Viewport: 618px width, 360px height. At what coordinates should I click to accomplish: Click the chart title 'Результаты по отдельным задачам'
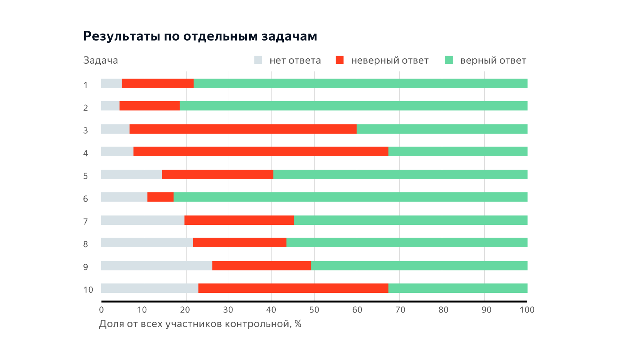click(x=200, y=36)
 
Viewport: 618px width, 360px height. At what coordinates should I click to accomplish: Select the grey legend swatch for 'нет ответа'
click(x=258, y=60)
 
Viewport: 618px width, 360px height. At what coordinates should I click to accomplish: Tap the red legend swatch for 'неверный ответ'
click(x=340, y=60)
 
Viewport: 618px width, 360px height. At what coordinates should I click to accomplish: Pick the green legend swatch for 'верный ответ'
click(x=448, y=60)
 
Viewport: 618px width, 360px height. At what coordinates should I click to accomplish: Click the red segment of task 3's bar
click(x=243, y=129)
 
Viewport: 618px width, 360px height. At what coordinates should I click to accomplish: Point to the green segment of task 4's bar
click(x=458, y=151)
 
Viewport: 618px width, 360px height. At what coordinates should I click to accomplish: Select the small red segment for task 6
click(x=160, y=197)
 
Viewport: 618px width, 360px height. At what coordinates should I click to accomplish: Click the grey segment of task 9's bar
click(x=156, y=266)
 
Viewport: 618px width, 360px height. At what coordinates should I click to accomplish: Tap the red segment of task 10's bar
click(x=293, y=288)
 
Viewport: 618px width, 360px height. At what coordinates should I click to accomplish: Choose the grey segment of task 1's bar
click(x=111, y=83)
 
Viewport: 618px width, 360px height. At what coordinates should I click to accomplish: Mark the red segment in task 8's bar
click(x=239, y=243)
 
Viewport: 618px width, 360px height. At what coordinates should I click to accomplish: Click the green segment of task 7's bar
click(x=411, y=220)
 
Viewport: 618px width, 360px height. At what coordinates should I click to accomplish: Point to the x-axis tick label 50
click(x=314, y=310)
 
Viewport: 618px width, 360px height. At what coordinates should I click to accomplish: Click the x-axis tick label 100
click(x=527, y=310)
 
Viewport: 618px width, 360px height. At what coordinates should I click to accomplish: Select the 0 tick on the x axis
click(x=101, y=310)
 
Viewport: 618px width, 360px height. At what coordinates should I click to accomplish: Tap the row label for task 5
click(x=85, y=176)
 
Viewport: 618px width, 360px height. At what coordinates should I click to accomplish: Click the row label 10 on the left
click(x=88, y=290)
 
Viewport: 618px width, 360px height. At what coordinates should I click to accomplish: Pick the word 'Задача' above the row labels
click(x=100, y=60)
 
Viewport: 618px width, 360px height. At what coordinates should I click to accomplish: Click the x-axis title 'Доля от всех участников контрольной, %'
click(x=200, y=324)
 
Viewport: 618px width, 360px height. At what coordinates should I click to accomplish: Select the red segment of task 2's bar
click(x=149, y=106)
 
